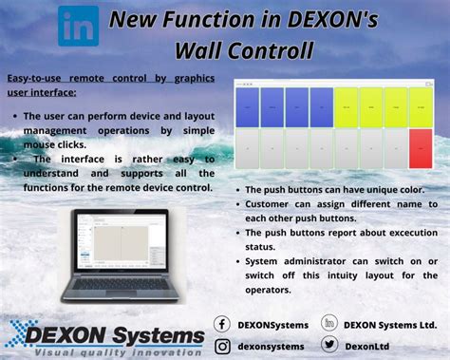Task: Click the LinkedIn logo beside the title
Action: (x=78, y=26)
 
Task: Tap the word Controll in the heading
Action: (x=269, y=49)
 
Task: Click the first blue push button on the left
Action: (x=247, y=107)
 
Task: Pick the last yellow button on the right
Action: (x=420, y=107)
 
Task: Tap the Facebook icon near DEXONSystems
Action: (x=222, y=324)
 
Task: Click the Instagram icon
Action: (x=222, y=346)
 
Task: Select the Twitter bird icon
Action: (x=329, y=346)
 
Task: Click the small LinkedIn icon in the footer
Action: (x=329, y=324)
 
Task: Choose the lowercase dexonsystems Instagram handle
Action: (x=272, y=347)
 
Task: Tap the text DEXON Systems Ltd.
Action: (x=390, y=325)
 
